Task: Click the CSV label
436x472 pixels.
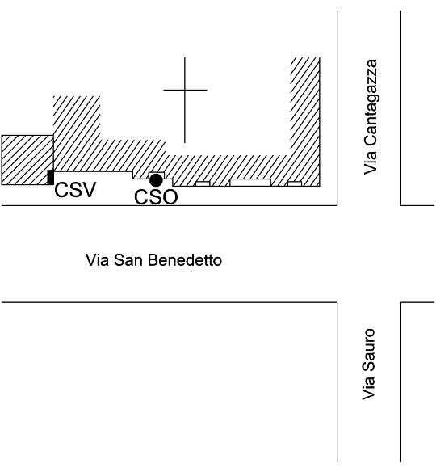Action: [75, 190]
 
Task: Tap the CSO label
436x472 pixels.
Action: [156, 197]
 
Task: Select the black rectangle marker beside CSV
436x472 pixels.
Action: [51, 177]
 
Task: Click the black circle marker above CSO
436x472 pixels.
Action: [156, 180]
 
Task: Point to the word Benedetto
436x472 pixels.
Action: [185, 260]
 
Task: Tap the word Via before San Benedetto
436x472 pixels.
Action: [97, 260]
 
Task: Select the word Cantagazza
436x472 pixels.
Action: [370, 103]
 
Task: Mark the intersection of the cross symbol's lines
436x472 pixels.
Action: [185, 90]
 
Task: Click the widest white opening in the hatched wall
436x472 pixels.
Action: [250, 183]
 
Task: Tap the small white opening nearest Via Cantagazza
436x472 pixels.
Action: [295, 183]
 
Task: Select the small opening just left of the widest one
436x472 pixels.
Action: [203, 183]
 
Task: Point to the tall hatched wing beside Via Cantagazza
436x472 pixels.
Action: [305, 121]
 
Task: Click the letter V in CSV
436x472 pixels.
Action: [89, 190]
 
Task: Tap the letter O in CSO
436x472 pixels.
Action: [170, 197]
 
